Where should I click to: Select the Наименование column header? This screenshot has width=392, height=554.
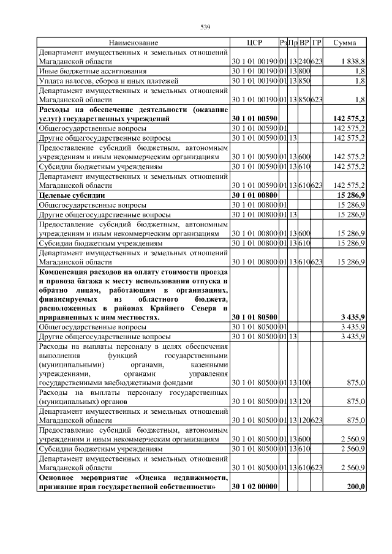point(134,43)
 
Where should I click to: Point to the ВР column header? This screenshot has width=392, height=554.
point(304,43)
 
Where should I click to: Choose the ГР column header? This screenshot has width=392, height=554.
point(317,43)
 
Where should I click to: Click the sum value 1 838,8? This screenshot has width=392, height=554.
point(353,62)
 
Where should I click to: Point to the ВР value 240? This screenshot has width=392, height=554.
point(304,62)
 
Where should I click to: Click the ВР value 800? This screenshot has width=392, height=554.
point(304,71)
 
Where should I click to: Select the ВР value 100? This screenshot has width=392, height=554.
point(304,383)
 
